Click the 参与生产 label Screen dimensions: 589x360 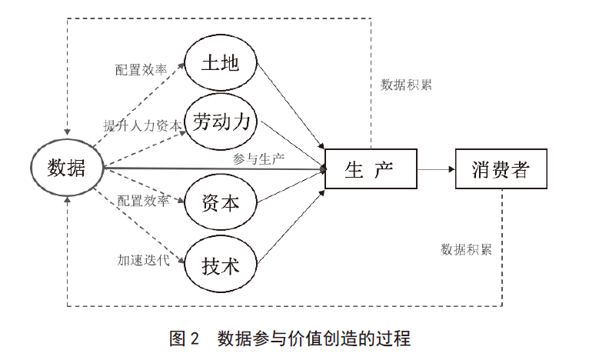point(258,159)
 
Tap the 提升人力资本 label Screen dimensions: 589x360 point(143,125)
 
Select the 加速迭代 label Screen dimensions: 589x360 point(144,260)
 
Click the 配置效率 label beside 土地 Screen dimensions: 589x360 point(141,69)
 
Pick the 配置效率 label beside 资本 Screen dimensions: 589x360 point(144,201)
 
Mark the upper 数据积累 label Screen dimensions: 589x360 point(406,85)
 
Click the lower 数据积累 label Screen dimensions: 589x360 point(466,249)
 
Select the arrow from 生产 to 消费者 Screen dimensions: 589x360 point(436,169)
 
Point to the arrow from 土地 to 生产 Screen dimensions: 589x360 point(291,106)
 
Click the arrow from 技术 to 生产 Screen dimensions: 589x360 point(291,228)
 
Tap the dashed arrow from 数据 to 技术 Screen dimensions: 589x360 point(139,225)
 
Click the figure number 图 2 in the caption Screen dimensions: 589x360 point(184,338)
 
